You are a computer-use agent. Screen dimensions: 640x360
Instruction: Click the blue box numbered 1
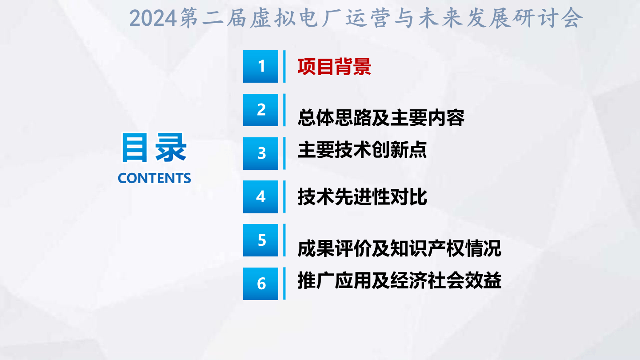tap(260, 67)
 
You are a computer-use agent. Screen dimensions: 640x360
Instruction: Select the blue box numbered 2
tap(260, 110)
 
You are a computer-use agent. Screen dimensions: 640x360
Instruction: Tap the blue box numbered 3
tap(260, 153)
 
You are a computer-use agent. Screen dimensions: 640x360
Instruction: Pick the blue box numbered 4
tap(260, 197)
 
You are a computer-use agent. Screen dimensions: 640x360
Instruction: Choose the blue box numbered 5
tap(260, 240)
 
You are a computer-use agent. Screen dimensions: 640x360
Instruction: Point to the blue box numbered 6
tap(260, 284)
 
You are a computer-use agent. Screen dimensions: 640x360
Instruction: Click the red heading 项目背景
tap(334, 67)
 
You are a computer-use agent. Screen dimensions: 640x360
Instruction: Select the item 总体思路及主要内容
tap(381, 118)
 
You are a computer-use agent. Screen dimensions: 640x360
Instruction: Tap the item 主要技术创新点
tap(362, 150)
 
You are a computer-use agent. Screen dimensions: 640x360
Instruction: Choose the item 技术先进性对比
tap(362, 197)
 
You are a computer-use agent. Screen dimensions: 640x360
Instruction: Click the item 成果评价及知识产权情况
tap(400, 248)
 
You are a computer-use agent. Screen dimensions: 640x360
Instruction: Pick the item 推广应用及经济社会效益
tap(400, 280)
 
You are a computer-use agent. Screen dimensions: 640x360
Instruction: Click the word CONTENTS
tap(154, 178)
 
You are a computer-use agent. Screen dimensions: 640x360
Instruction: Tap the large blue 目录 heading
tap(154, 148)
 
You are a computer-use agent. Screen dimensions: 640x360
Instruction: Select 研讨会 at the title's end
tap(548, 18)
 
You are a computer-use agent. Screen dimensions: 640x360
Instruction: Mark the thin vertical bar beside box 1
tap(284, 67)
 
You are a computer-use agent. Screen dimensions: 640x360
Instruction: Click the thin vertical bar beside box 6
tap(284, 284)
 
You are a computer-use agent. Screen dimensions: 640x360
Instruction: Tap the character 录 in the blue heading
tap(171, 148)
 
